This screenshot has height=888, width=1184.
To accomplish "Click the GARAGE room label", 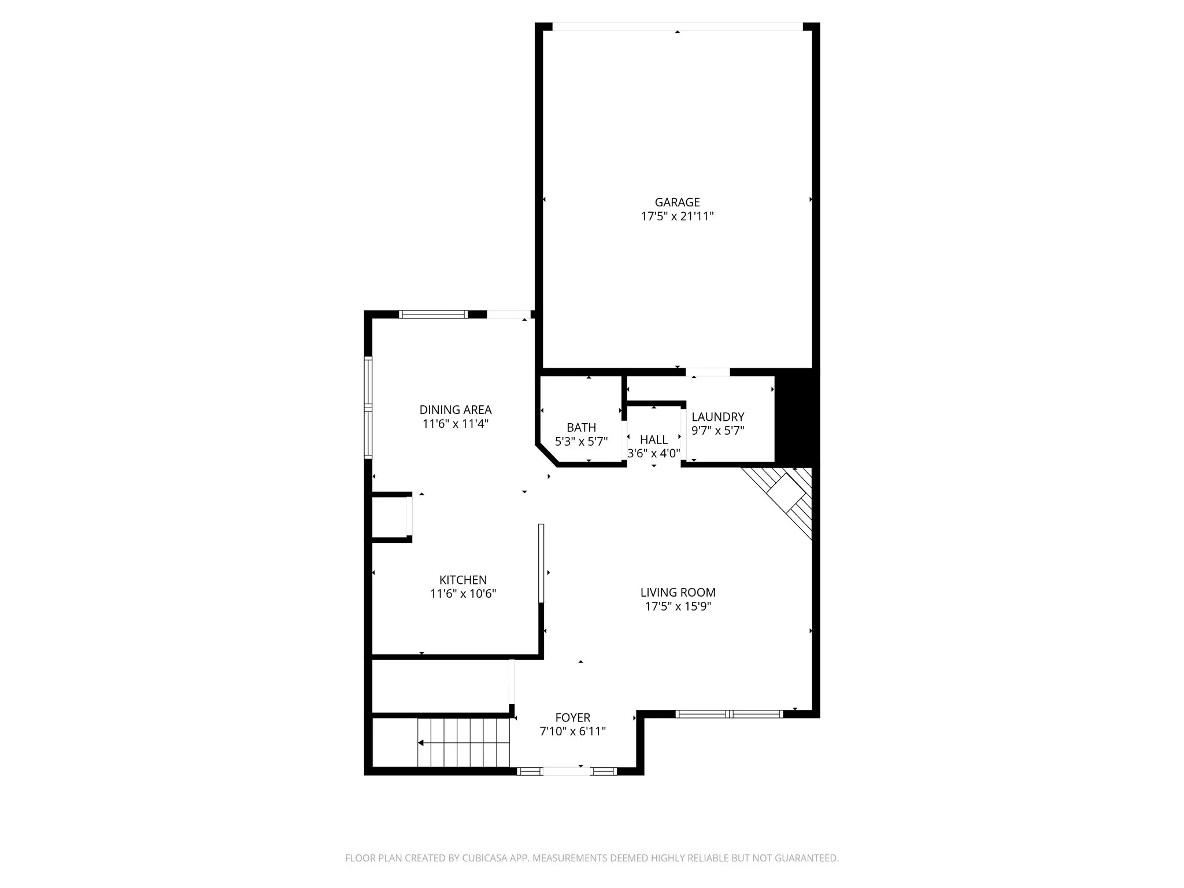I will tap(677, 202).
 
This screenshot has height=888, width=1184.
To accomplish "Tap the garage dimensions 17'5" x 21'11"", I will tap(677, 217).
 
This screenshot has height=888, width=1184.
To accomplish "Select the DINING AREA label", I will tap(456, 410).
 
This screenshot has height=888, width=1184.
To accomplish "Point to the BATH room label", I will tap(581, 428).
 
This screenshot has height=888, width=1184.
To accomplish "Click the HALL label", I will tap(654, 440).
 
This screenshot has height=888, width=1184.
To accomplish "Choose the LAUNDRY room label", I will tap(717, 417).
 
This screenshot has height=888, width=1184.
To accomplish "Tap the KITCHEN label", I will tap(463, 580).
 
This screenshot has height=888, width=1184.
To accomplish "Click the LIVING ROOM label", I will tap(678, 593).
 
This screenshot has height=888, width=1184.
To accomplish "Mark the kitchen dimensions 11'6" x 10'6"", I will tap(463, 594).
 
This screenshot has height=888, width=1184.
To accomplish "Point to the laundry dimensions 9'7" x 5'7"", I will tap(717, 431).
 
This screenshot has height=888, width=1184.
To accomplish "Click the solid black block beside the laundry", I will tap(796, 416).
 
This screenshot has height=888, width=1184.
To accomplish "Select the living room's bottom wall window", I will tap(729, 714).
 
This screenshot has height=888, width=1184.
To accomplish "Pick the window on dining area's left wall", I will tap(368, 408).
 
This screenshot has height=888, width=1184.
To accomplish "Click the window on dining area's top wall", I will tap(433, 314).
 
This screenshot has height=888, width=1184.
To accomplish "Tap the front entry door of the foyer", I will tap(567, 771).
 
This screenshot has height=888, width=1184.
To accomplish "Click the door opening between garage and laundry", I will tap(708, 372).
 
